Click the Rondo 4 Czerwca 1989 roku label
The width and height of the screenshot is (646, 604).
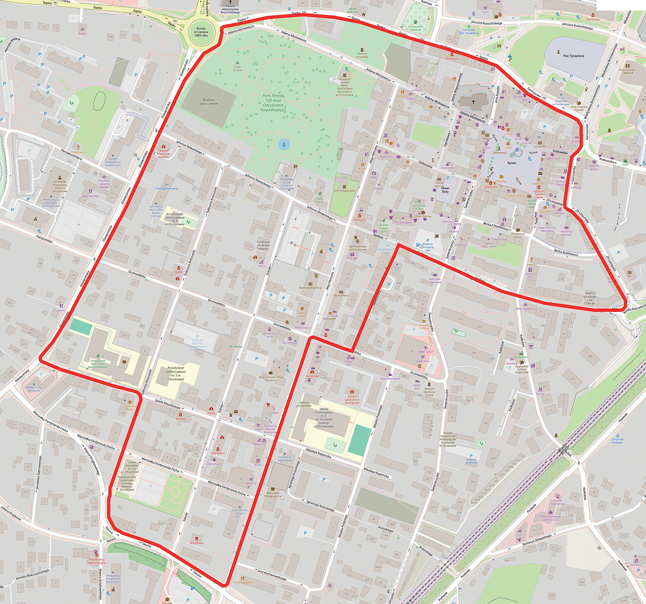[201, 33]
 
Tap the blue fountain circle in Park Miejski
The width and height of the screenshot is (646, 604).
[283, 144]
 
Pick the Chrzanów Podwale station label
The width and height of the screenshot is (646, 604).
[617, 440]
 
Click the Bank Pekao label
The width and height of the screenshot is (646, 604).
[341, 295]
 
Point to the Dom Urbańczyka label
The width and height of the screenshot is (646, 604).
[343, 190]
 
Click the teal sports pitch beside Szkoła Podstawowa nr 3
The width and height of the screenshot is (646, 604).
[358, 439]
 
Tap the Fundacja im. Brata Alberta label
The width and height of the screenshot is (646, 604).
[263, 245]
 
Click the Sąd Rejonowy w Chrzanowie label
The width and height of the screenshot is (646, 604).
[357, 249]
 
